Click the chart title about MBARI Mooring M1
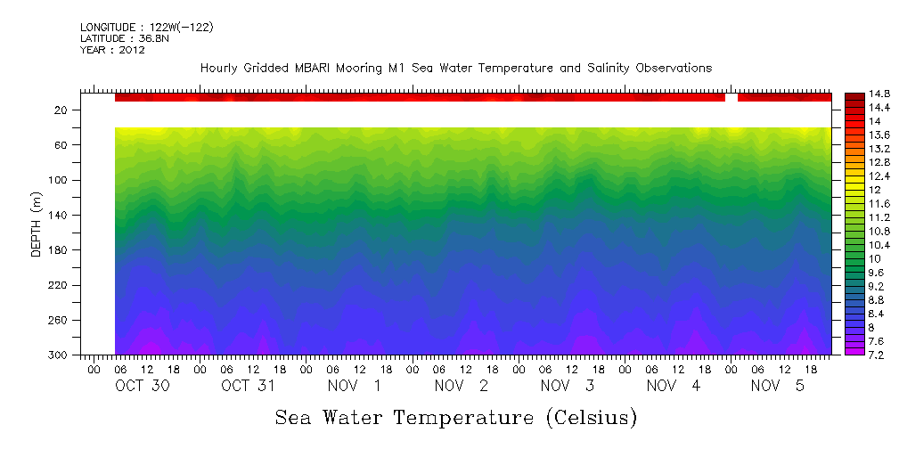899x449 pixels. [455, 69]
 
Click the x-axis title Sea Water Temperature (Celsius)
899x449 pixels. [456, 417]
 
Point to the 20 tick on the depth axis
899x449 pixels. [62, 110]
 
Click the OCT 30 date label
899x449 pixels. [143, 386]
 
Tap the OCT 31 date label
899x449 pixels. [249, 386]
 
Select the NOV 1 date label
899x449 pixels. [356, 386]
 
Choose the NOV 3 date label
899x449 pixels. [568, 386]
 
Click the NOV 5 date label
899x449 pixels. [780, 386]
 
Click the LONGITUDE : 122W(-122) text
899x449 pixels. [147, 28]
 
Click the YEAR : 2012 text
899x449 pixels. [112, 50]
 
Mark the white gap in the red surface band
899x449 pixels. [731, 97]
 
